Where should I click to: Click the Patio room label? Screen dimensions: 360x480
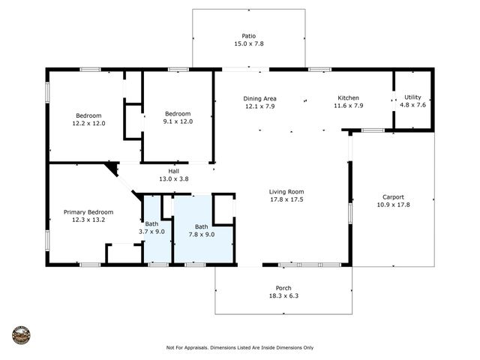(x=248, y=35)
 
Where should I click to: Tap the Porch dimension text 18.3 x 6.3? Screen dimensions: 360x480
(x=283, y=297)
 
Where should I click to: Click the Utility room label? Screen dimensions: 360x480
(x=413, y=97)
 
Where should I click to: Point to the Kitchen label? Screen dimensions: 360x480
(x=348, y=98)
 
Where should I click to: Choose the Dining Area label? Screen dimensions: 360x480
(x=259, y=98)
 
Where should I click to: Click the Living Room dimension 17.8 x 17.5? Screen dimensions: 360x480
(x=286, y=199)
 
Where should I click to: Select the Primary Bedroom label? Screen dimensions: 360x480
(x=88, y=212)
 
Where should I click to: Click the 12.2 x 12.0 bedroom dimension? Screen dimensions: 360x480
(x=88, y=123)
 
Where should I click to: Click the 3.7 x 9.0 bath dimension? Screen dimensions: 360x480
(x=151, y=232)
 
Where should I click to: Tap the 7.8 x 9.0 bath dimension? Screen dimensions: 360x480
(x=201, y=234)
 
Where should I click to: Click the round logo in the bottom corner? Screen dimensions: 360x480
(x=22, y=334)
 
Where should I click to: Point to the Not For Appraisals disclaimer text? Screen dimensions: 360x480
(x=240, y=347)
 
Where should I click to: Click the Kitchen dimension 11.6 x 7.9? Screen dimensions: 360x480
(x=348, y=106)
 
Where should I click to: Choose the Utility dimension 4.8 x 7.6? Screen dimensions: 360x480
(x=413, y=105)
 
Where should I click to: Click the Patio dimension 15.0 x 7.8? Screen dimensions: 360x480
(x=248, y=43)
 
